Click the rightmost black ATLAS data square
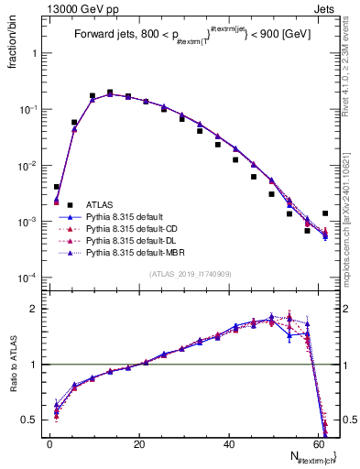pos(325,213)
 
